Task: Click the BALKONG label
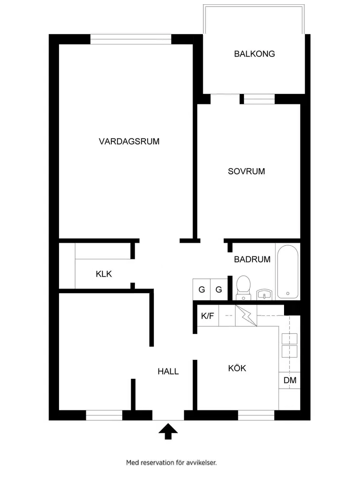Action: (x=254, y=54)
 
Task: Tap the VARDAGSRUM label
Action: (x=129, y=141)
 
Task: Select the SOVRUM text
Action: (x=246, y=171)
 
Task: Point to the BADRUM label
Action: (x=252, y=259)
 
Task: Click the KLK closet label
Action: (x=104, y=274)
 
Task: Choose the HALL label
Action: (x=168, y=372)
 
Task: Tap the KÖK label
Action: (x=237, y=368)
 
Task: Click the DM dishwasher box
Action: (x=290, y=380)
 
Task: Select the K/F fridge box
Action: (x=208, y=316)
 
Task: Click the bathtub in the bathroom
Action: (x=288, y=272)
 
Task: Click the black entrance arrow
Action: (x=167, y=431)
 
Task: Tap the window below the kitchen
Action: (x=256, y=415)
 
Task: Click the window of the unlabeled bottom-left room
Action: (x=104, y=415)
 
